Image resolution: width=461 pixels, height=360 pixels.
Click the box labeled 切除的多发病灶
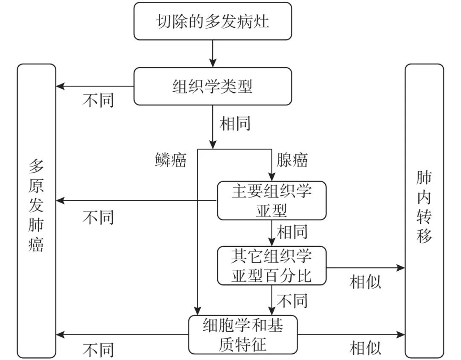[213, 21]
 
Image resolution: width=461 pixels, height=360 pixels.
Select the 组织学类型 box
[213, 86]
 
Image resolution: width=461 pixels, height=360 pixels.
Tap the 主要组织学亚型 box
[271, 201]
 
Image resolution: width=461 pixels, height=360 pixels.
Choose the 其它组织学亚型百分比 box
[271, 266]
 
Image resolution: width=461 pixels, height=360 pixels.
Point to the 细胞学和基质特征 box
[243, 335]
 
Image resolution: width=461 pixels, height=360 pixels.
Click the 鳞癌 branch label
[170, 160]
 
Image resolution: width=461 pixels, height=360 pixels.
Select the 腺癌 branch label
[292, 160]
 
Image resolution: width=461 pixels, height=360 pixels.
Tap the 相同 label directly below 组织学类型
[235, 123]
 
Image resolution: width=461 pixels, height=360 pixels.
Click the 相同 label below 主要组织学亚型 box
[292, 232]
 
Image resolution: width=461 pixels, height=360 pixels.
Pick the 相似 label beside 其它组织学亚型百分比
[365, 282]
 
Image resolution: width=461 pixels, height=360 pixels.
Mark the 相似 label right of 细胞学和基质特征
[365, 348]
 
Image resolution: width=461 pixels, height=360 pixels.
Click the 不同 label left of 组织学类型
[98, 100]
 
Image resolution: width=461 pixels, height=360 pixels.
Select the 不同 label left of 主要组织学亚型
[98, 218]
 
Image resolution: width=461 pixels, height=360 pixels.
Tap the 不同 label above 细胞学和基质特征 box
[292, 301]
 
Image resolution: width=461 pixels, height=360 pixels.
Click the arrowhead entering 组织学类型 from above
[213, 63]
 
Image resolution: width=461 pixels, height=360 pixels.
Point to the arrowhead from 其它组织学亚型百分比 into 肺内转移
[401, 268]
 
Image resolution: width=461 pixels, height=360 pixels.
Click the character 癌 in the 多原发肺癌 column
[36, 244]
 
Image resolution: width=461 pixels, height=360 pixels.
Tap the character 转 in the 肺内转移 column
[424, 217]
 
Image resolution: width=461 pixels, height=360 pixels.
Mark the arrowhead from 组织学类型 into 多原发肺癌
[60, 86]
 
